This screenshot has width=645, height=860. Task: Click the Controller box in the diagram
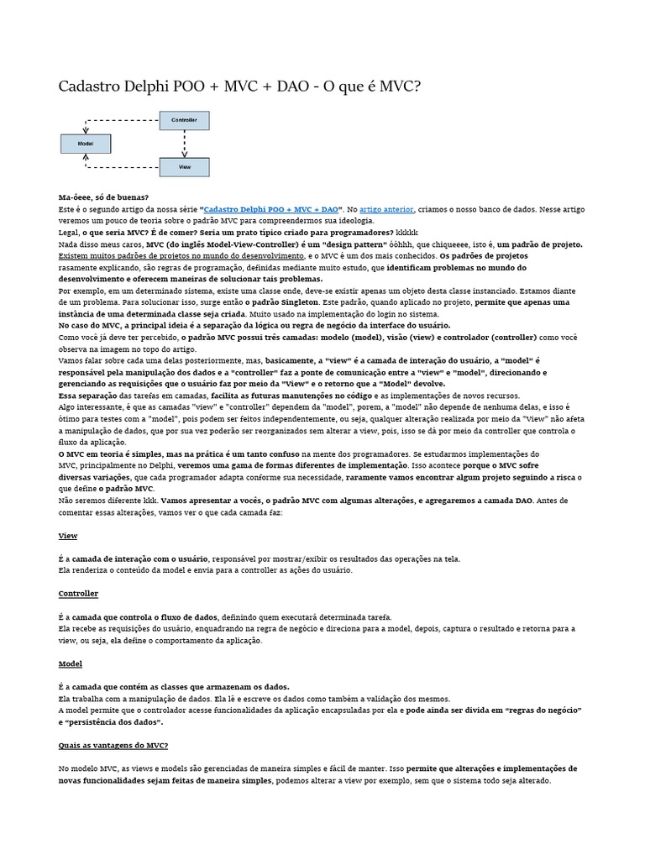(184, 121)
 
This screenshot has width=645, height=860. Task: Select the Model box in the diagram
(85, 144)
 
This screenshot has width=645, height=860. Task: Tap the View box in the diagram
(184, 166)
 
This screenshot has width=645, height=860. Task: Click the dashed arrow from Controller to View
(184, 143)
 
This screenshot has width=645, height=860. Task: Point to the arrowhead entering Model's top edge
(85, 131)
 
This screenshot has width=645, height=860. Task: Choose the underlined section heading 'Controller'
(77, 593)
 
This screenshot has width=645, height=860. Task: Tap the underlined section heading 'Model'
(70, 663)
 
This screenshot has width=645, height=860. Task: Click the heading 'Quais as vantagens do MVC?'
(113, 745)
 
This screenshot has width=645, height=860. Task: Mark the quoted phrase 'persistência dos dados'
(112, 721)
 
